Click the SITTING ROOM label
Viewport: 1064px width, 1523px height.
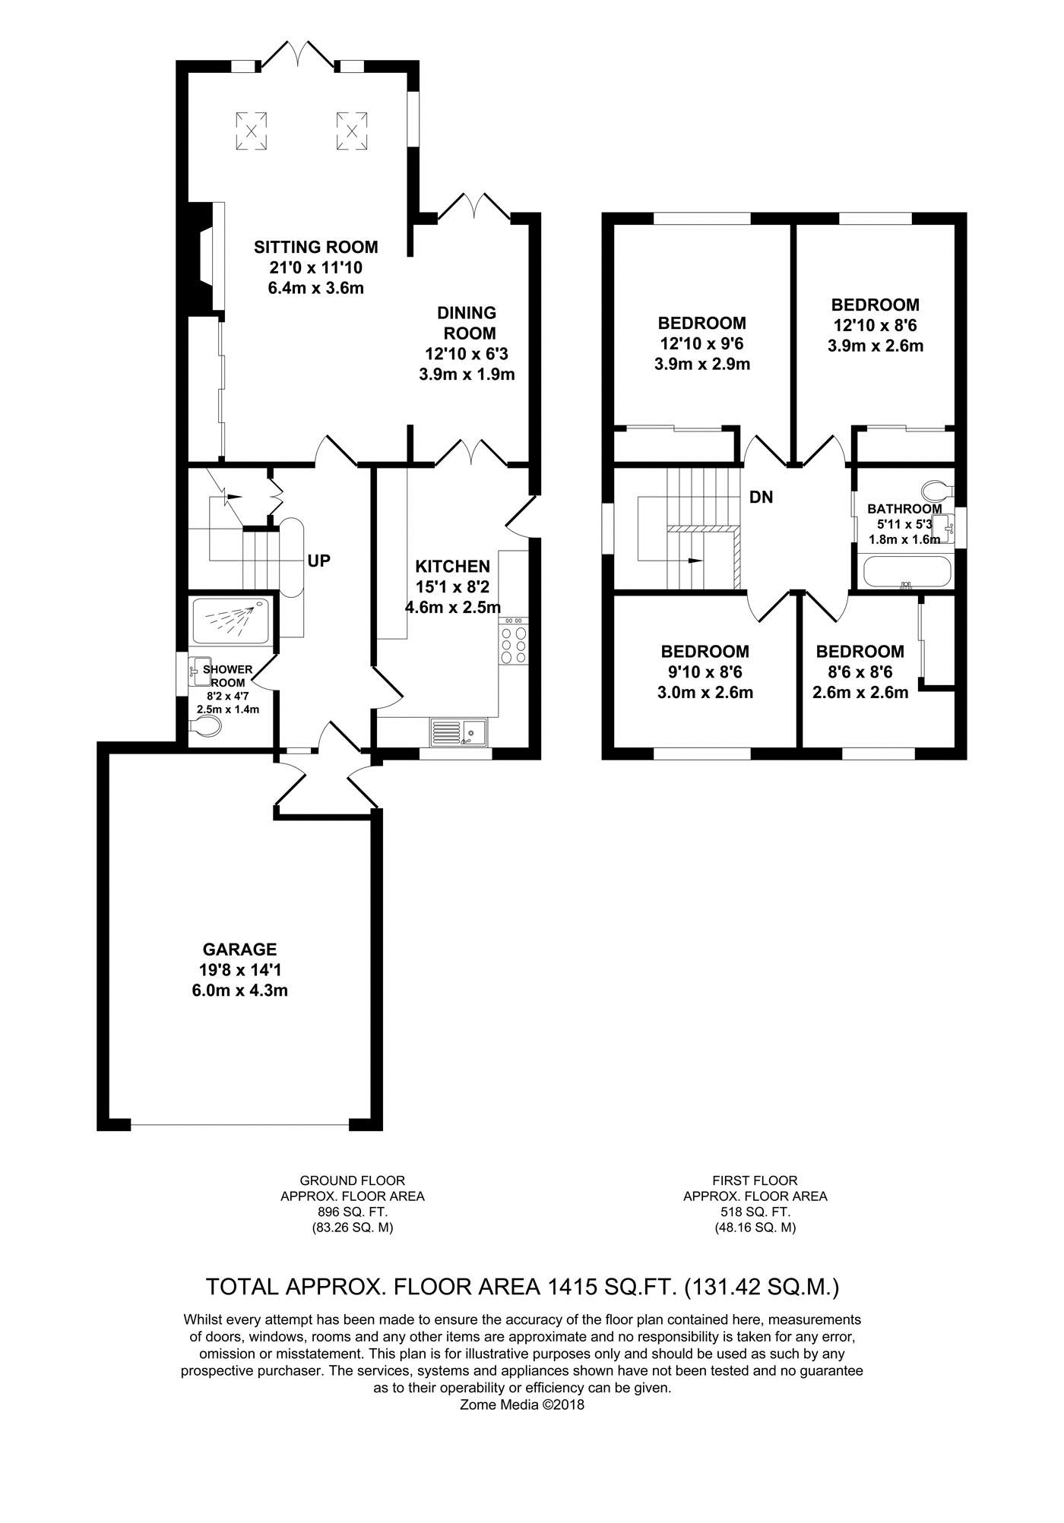pyautogui.click(x=315, y=247)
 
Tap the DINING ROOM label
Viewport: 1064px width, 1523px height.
pyautogui.click(x=467, y=323)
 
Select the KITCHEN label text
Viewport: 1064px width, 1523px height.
pyautogui.click(x=452, y=567)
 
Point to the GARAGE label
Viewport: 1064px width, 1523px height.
pyautogui.click(x=239, y=950)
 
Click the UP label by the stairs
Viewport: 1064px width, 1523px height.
pyautogui.click(x=319, y=561)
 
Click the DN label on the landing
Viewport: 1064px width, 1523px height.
pyautogui.click(x=762, y=498)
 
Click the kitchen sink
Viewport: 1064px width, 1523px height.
pyautogui.click(x=460, y=731)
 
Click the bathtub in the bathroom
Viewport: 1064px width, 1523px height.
pyautogui.click(x=905, y=572)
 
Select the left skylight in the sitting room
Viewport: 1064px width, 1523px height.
pyautogui.click(x=251, y=131)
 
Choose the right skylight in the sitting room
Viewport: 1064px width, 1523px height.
pyautogui.click(x=352, y=131)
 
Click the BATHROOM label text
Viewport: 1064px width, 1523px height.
pyautogui.click(x=904, y=509)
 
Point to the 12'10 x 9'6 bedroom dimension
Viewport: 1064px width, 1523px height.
pyautogui.click(x=702, y=344)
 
